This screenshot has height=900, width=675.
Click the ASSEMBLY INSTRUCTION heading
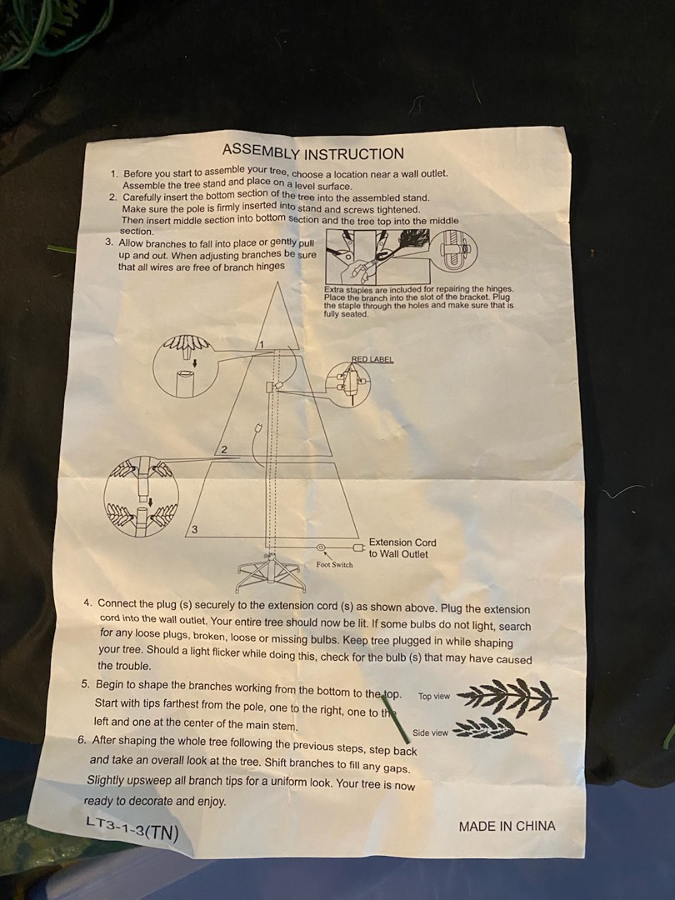[313, 152]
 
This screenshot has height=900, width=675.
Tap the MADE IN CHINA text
[507, 826]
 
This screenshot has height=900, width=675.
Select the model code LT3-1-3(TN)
[132, 828]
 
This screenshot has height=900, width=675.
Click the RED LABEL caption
[372, 359]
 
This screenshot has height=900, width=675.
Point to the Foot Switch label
[335, 565]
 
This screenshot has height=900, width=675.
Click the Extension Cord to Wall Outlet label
[402, 548]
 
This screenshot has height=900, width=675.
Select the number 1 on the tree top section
[261, 344]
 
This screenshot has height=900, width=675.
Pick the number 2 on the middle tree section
[224, 450]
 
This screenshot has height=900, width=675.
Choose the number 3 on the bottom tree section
[194, 529]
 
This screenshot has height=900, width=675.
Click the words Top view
[434, 696]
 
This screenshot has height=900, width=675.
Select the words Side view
[430, 732]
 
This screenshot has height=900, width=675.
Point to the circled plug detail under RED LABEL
[349, 384]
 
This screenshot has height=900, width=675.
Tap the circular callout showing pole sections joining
[141, 497]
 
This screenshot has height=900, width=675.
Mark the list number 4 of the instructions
[87, 602]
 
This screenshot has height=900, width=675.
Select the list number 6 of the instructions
[82, 739]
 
